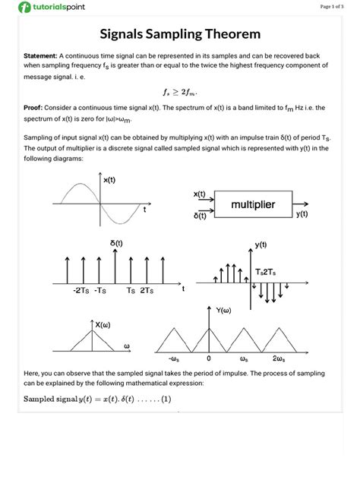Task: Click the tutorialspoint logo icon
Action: pyautogui.click(x=24, y=7)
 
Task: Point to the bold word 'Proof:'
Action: pyautogui.click(x=36, y=108)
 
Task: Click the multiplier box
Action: pyautogui.click(x=253, y=205)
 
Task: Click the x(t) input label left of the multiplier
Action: pyautogui.click(x=201, y=194)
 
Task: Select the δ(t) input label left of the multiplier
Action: pyautogui.click(x=201, y=216)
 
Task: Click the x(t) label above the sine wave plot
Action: pyautogui.click(x=110, y=179)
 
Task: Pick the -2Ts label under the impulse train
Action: pyautogui.click(x=81, y=290)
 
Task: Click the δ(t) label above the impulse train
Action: pyautogui.click(x=116, y=243)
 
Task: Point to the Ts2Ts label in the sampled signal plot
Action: pyautogui.click(x=267, y=272)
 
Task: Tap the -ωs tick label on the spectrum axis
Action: pyautogui.click(x=174, y=358)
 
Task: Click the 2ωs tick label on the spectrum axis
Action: pyautogui.click(x=279, y=358)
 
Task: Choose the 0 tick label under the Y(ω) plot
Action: pyautogui.click(x=208, y=358)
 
